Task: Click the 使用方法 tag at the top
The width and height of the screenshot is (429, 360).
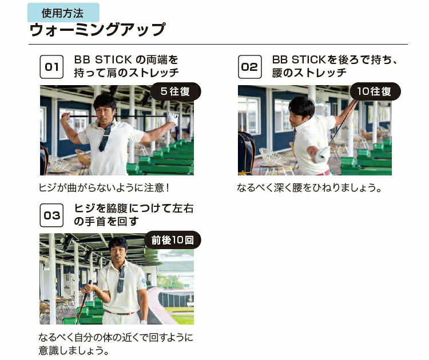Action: pos(63,13)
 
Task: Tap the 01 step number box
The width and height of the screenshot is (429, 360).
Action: pos(51,67)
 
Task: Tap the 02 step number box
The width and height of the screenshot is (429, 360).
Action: pos(250,67)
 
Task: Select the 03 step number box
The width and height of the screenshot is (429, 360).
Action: pos(51,215)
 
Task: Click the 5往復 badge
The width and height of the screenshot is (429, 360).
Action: pos(176,91)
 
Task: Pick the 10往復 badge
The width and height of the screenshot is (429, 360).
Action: pos(375,91)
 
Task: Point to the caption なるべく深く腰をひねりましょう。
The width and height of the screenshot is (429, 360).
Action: pos(309,187)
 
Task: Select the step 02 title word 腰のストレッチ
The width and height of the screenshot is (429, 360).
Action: pos(309,73)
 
